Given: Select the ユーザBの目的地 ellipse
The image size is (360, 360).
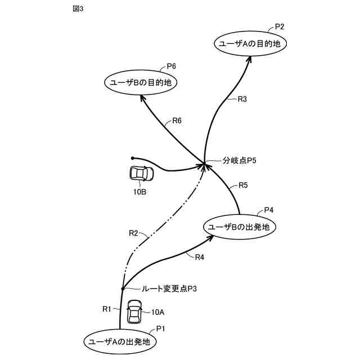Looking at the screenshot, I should pyautogui.click(x=141, y=83).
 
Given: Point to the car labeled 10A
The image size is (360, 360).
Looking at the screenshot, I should pyautogui.click(x=134, y=312).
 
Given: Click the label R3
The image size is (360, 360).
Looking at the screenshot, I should pyautogui.click(x=242, y=99).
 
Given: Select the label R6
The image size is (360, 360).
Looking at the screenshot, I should pyautogui.click(x=177, y=120).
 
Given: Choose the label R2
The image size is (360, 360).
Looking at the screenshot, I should pyautogui.click(x=133, y=233).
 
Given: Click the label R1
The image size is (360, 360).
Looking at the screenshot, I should pyautogui.click(x=107, y=308).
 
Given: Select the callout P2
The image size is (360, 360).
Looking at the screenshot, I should pyautogui.click(x=280, y=26).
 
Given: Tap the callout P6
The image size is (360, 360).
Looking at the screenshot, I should pyautogui.click(x=171, y=66).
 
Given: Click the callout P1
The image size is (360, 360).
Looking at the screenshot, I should pyautogui.click(x=160, y=328).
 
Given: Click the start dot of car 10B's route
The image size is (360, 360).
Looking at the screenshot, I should pyautogui.click(x=132, y=158).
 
